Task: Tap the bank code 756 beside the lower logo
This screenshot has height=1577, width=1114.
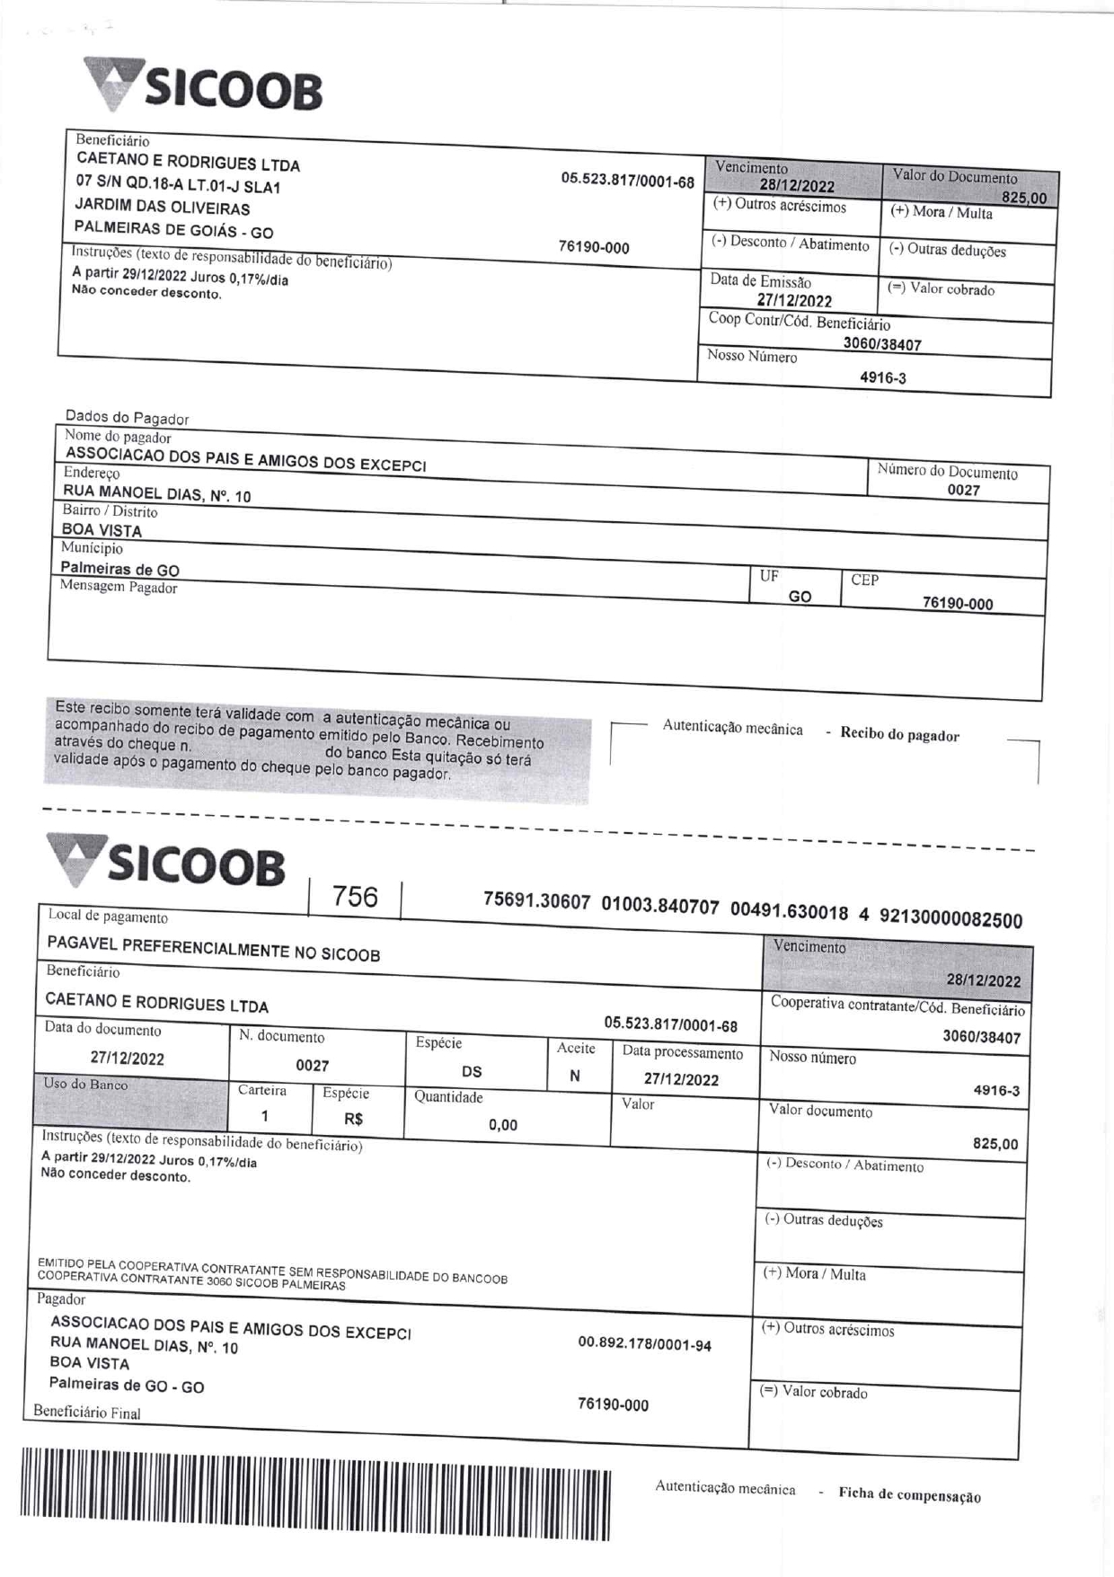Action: tap(355, 896)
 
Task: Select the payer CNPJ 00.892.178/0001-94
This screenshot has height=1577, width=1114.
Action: tap(644, 1345)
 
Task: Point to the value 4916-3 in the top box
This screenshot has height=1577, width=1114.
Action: tap(882, 378)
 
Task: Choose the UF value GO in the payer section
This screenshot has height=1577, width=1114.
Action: tap(799, 597)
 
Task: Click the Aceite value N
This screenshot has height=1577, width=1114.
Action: tap(575, 1076)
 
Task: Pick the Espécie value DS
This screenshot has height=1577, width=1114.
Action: tap(472, 1071)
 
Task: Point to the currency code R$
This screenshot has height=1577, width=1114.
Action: tap(354, 1120)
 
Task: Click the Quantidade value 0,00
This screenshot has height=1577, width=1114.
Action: tap(503, 1125)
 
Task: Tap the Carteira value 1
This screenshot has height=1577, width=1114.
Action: tap(265, 1116)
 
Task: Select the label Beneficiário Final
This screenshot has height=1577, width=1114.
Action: tap(87, 1412)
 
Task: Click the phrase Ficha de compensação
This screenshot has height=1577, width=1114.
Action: tap(909, 1495)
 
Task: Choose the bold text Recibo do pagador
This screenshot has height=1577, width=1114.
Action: tap(899, 734)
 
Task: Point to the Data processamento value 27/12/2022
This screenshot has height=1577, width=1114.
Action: tap(681, 1079)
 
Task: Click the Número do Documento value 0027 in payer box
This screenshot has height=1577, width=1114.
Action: tap(963, 491)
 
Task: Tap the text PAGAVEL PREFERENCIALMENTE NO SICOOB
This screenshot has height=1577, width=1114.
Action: tap(214, 949)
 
